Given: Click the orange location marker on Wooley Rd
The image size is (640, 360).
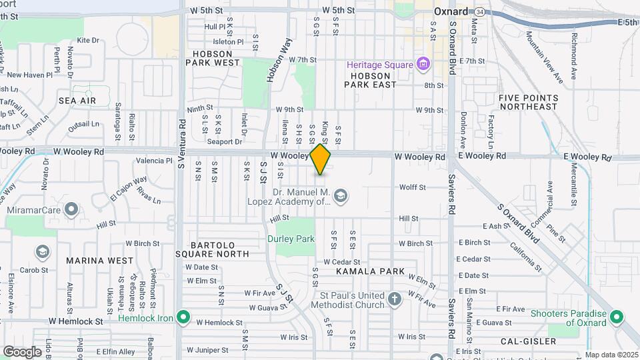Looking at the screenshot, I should [x=321, y=159].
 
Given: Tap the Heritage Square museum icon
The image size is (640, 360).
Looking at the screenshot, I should [x=422, y=64].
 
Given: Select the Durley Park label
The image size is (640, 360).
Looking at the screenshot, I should [x=291, y=238].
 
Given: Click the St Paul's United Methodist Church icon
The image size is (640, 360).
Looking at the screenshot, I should [x=395, y=299].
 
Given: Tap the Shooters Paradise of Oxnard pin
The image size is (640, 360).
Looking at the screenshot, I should [x=617, y=318].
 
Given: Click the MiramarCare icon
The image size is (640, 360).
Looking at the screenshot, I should [x=71, y=209].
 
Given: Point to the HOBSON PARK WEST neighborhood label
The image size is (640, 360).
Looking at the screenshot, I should [x=212, y=58].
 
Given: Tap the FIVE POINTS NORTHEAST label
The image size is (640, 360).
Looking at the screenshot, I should [x=527, y=102].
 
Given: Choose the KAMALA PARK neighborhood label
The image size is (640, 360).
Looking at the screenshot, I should [x=370, y=271].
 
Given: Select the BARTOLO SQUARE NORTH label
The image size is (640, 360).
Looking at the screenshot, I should [x=212, y=249].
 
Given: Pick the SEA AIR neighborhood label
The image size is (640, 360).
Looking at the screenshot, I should [x=77, y=101].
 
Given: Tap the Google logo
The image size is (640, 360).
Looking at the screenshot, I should [x=22, y=351].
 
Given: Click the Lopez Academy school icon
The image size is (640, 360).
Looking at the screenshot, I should [x=341, y=195].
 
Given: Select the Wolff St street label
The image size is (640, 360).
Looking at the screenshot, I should [x=412, y=187].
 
